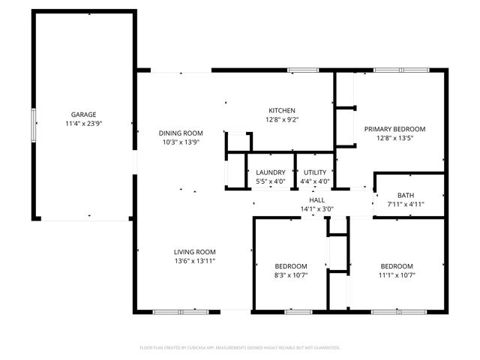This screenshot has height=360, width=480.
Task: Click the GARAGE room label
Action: coord(83,115)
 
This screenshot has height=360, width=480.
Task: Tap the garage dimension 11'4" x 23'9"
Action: coord(83,123)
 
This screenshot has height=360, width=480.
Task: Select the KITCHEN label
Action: coord(282,110)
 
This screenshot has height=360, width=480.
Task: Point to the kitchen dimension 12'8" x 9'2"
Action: coord(282,118)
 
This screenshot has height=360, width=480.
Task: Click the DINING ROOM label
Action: coord(181,133)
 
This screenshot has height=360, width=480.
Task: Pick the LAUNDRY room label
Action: coord(271,172)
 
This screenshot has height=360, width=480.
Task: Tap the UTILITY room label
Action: coord(315,172)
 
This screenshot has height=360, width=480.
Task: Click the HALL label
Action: coord(316,200)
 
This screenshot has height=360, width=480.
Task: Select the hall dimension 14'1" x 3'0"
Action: coord(316,209)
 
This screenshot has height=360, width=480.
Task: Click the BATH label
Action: coord(405,195)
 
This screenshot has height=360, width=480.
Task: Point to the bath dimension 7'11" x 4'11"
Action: coord(405,204)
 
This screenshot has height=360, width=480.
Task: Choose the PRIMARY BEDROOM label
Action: coord(394,129)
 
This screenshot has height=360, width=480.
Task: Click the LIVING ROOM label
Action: coord(195,252)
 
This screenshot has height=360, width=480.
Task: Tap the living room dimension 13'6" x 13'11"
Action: coord(195,261)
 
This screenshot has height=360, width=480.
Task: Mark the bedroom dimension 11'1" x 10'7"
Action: coord(396,275)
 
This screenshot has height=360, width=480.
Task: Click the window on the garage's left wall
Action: coord(33,124)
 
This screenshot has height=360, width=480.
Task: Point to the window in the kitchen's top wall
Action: coord(302,70)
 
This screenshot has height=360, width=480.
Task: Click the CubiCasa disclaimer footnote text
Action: coord(240,347)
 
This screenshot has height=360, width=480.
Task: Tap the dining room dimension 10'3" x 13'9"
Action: coord(181,142)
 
